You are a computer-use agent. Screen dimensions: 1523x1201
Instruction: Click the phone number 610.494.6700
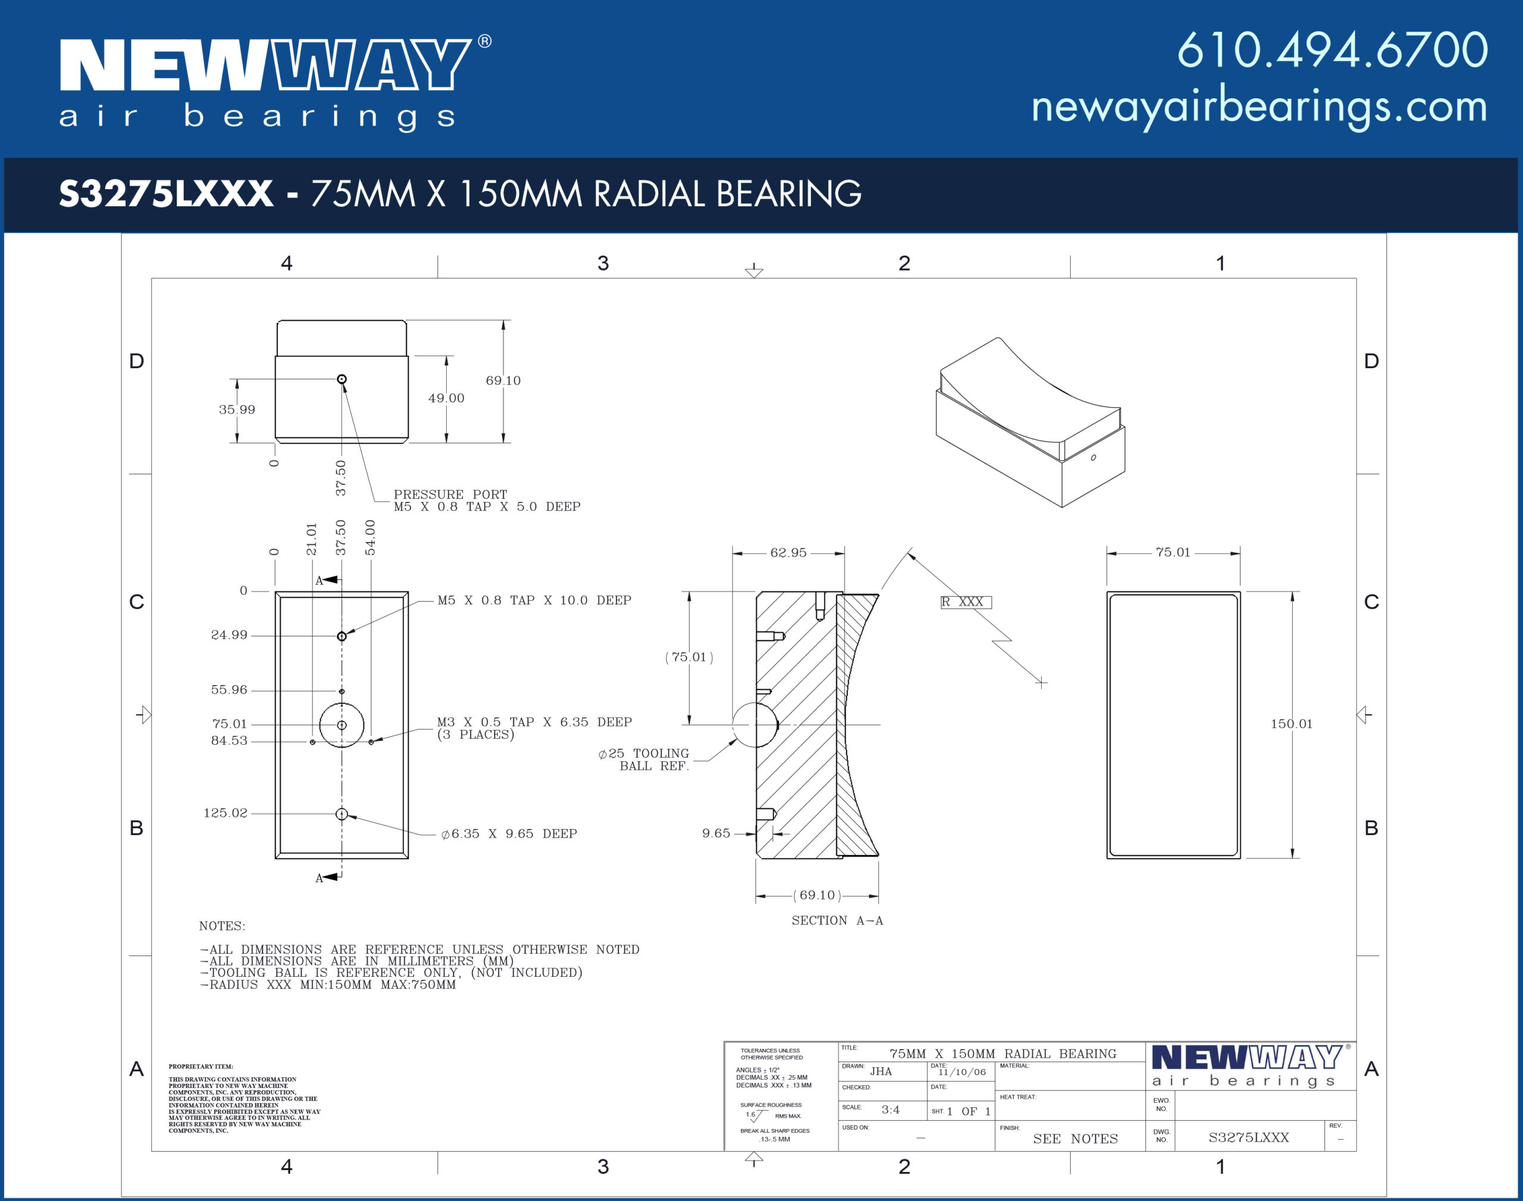click(1333, 50)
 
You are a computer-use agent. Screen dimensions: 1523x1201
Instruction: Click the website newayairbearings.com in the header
click(1259, 108)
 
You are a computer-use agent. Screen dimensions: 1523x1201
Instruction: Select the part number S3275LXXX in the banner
click(166, 193)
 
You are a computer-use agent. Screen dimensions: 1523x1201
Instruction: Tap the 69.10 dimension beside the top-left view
click(503, 381)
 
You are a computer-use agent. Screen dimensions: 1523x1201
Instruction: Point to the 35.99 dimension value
click(237, 409)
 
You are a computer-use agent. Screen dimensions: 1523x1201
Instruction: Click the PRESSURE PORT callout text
click(450, 494)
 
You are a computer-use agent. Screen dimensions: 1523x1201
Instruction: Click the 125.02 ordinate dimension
click(225, 813)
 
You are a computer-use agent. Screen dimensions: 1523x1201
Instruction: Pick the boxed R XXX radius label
click(966, 602)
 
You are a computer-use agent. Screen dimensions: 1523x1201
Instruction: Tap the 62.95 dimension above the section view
click(788, 553)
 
